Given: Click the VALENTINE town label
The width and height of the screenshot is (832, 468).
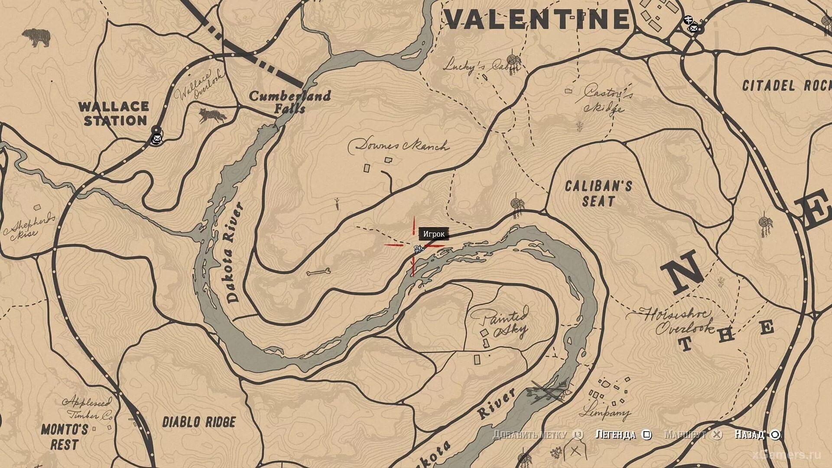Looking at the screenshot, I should pos(537,19).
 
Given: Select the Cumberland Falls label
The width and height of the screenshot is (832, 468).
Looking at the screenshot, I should pos(289,102).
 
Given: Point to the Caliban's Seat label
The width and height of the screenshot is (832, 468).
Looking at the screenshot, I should pos(598,193).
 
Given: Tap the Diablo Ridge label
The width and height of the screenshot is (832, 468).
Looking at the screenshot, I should pos(199,422).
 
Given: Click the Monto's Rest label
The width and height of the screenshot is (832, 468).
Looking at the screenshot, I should pos(64,437).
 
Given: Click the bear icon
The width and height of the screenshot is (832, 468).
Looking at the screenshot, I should pos(36,38).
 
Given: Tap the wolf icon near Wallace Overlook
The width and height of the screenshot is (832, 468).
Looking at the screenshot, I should pos(212,115).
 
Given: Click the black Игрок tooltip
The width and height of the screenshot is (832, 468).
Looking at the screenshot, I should pos(434,234).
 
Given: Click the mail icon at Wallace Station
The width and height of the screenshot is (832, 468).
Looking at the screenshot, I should pos(156,139).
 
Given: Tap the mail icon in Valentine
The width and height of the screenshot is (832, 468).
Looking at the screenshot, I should pos(694,29).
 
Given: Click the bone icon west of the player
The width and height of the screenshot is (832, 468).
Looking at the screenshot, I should pos(318,273).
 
